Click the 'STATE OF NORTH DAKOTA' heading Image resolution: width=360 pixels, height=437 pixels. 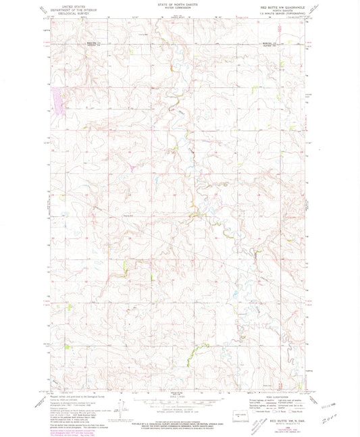pyautogui.click(x=180, y=5)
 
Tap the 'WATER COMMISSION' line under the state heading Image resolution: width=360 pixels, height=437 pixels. pyautogui.click(x=180, y=9)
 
